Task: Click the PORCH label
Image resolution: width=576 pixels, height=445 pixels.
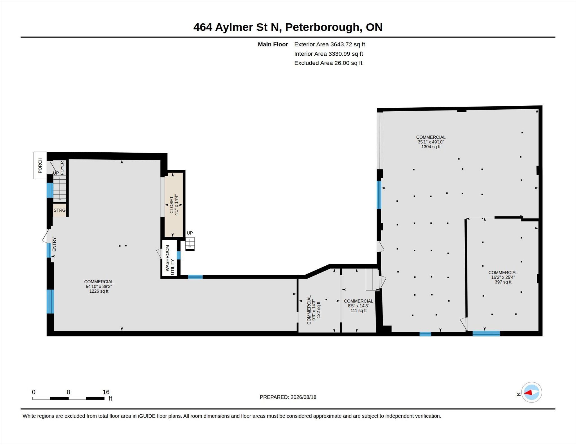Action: coord(40,165)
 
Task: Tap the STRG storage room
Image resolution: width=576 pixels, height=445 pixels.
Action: coord(60,210)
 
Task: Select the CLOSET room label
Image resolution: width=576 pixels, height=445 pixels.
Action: coord(172,205)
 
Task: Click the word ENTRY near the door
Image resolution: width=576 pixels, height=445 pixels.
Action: coord(54,244)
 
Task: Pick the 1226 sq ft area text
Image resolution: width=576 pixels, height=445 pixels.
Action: coord(99,291)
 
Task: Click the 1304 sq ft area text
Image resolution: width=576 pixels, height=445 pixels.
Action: coord(431,147)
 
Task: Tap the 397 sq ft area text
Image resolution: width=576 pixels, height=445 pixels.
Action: coord(503,282)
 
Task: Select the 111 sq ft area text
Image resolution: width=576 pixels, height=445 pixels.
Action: coord(358,311)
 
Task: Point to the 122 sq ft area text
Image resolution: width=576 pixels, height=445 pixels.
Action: coord(318,310)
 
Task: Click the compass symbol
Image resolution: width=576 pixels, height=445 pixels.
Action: coord(531,392)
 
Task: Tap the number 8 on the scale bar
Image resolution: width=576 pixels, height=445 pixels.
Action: coord(68,392)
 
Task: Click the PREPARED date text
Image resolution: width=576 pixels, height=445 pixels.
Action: coord(288,397)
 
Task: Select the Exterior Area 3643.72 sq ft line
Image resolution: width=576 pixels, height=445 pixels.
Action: coord(330,44)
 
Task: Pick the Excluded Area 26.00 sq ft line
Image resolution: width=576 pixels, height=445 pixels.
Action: coord(328,63)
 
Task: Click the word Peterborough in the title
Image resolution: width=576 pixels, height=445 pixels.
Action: coord(323,27)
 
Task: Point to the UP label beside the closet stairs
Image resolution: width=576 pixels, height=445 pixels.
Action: coord(190,233)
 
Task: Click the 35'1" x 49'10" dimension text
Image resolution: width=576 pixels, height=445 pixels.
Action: coord(431,142)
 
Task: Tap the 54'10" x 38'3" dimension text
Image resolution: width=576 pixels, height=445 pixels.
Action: coord(99,286)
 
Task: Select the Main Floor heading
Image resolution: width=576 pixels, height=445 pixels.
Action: coord(273,44)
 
